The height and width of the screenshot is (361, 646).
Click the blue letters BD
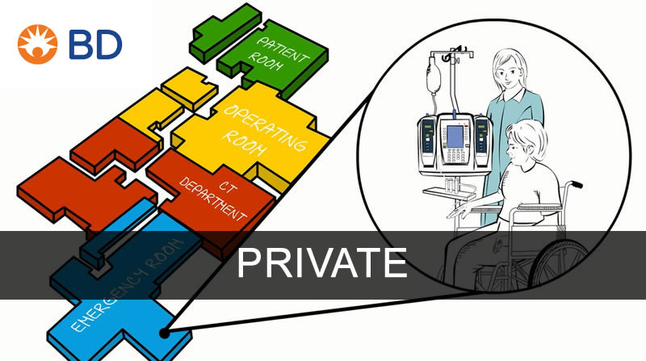pyautogui.click(x=94, y=45)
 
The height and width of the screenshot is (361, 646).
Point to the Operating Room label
pyautogui.click(x=266, y=129)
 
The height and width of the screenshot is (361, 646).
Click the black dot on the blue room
pyautogui.click(x=166, y=331)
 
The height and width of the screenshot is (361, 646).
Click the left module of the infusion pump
pyautogui.click(x=426, y=141)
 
